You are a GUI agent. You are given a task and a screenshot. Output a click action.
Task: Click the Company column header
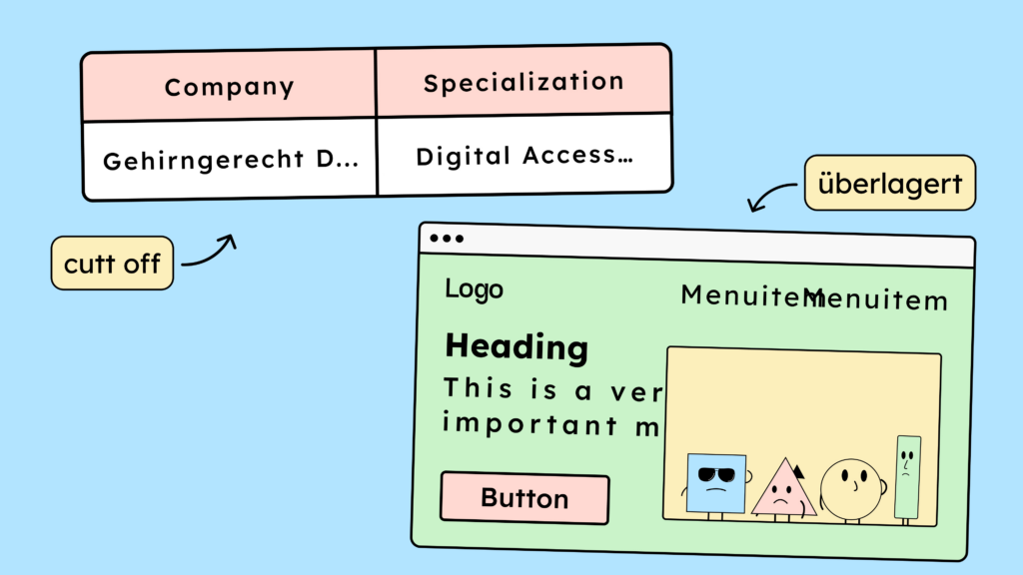(x=229, y=87)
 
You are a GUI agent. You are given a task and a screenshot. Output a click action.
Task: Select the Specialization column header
(x=523, y=82)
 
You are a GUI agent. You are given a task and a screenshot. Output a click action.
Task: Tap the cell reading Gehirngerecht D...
(x=230, y=160)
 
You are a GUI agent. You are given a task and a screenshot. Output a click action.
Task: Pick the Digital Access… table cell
(x=523, y=156)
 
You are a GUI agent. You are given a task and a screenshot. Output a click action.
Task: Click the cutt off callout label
(x=112, y=265)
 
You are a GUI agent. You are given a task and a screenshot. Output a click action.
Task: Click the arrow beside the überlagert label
(x=770, y=199)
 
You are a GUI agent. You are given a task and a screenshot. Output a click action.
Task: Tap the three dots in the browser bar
(x=446, y=239)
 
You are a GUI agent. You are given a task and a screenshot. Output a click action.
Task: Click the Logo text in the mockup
(x=474, y=289)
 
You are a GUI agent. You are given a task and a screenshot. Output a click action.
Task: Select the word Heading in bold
(x=515, y=347)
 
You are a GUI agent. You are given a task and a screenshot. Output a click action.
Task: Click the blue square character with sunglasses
(x=716, y=484)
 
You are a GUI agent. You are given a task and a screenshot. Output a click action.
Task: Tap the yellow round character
(x=851, y=490)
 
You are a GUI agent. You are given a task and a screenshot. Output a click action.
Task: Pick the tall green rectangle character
(x=907, y=477)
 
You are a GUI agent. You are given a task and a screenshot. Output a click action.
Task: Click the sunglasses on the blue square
(x=715, y=474)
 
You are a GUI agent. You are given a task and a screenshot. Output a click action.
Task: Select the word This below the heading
(x=479, y=387)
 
